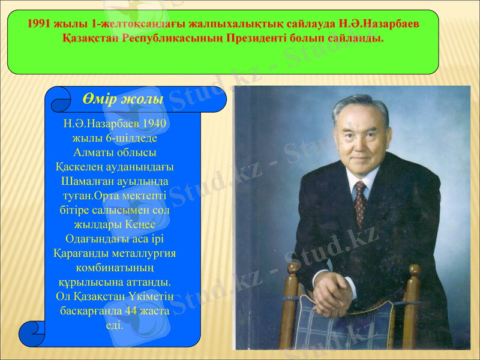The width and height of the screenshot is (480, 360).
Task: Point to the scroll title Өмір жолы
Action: (x=124, y=99)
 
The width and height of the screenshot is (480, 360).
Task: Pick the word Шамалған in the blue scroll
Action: (x=85, y=181)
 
